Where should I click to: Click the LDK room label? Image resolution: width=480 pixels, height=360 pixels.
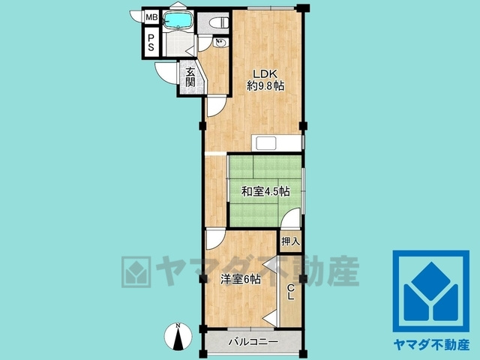[x=265, y=73]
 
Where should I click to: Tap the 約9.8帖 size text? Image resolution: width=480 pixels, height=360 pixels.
[x=265, y=86]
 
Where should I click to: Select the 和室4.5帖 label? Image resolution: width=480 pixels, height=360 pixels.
[x=265, y=192]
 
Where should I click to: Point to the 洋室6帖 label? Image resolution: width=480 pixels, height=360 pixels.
[x=241, y=279]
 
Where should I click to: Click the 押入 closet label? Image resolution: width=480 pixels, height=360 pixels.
[x=290, y=241]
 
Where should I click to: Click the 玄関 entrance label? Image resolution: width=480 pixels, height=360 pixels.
[x=190, y=77]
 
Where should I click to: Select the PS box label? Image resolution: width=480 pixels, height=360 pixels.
[x=151, y=42]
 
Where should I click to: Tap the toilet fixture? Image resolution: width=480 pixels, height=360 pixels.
[x=218, y=22]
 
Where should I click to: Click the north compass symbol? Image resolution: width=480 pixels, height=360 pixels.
[x=178, y=337]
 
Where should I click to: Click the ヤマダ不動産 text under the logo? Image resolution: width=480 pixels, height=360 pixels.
[x=430, y=346]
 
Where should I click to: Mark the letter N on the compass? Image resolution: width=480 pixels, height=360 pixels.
[x=178, y=326]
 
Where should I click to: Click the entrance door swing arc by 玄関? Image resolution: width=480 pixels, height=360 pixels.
[x=166, y=73]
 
